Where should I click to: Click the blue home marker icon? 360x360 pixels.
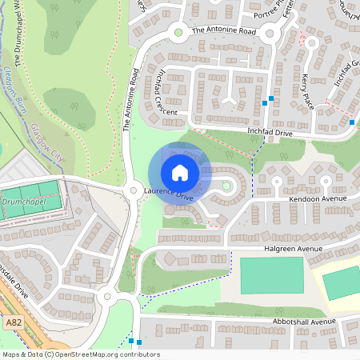[x=180, y=173]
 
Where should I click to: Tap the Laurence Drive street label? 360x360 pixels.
[x=169, y=194]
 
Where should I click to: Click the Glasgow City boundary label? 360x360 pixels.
[x=47, y=143]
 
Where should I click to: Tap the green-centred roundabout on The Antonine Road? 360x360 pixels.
[x=178, y=33]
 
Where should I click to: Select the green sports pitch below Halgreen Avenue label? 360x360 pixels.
[x=272, y=275]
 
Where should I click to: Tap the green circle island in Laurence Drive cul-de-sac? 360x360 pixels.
[x=226, y=186]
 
